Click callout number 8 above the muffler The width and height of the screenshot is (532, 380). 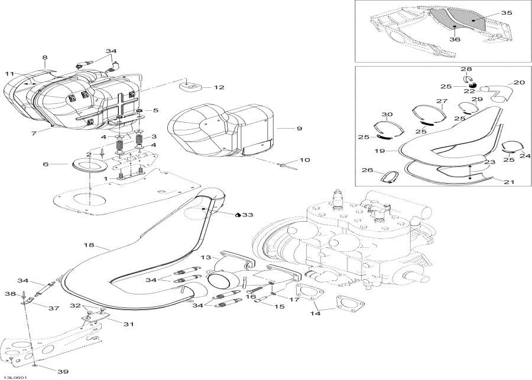(44, 57)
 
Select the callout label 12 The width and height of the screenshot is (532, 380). (219, 87)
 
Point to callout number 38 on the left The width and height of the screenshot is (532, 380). (10, 293)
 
